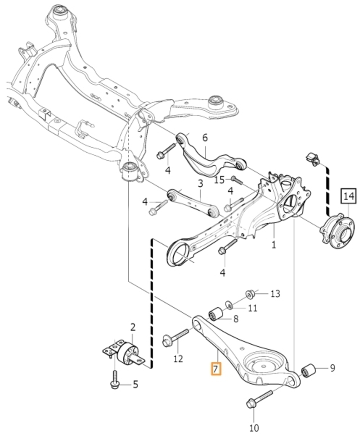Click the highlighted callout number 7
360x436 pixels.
coord(216,369)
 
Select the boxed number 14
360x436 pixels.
coord(349,196)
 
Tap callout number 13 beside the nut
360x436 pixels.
coord(275,294)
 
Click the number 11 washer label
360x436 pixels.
coord(252,308)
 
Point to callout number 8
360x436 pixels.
coord(236,319)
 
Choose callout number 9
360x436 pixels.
coord(333,368)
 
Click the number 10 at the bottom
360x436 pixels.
coord(254,427)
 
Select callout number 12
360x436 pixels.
coord(178,359)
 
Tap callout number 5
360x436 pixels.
coord(135,385)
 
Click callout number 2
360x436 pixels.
coord(133,327)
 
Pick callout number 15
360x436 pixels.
coord(219,180)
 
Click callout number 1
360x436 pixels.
coord(274,245)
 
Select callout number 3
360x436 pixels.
coord(200,184)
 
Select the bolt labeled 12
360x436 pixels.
coord(175,337)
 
